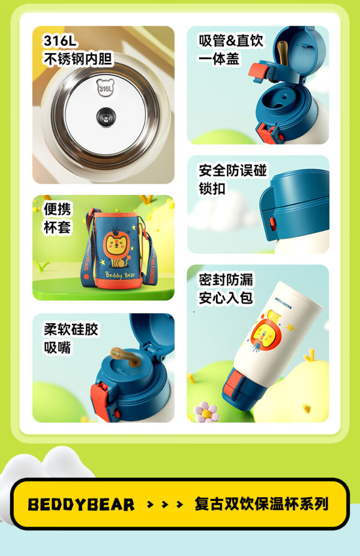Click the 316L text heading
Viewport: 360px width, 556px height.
(59, 41)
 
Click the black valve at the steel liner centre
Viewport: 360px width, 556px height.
(106, 116)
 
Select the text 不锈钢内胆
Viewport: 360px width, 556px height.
(78, 59)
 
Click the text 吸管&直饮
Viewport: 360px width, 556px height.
(230, 40)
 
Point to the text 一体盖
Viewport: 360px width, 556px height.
(218, 59)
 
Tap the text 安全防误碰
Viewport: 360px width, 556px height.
(232, 170)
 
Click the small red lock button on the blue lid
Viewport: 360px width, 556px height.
(272, 223)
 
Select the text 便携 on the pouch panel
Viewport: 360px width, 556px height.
(57, 209)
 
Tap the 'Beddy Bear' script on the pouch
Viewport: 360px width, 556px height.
(120, 275)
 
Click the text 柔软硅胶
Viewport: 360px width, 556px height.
(71, 329)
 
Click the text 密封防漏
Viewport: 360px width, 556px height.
(226, 279)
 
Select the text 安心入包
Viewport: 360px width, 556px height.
(226, 298)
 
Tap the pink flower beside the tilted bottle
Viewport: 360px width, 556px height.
(206, 412)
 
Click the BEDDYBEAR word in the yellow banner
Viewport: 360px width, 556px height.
(81, 504)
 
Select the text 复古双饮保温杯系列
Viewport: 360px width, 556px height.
(262, 504)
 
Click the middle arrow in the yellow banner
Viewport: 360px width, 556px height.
(164, 504)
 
